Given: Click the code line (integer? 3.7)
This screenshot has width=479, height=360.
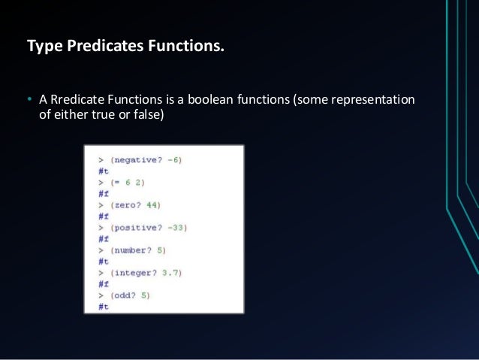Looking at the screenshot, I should (140, 273).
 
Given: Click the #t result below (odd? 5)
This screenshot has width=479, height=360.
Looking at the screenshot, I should (104, 307).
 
